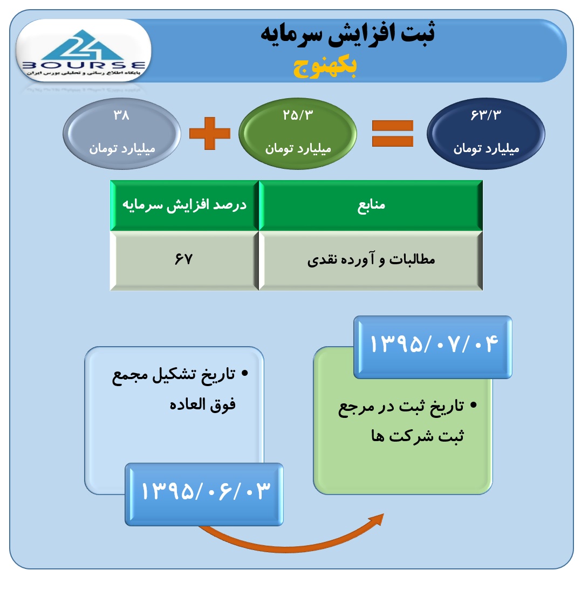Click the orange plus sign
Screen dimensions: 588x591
[210, 133]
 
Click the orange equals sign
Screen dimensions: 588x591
[393, 133]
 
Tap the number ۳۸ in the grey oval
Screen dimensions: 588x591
[121, 115]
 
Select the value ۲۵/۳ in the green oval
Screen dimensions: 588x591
[298, 115]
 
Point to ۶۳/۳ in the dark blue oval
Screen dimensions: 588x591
[486, 115]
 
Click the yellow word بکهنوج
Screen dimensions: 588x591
[325, 66]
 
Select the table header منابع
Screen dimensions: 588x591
[371, 205]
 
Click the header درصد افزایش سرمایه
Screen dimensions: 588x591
[184, 205]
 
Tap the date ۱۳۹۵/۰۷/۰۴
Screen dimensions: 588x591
[434, 344]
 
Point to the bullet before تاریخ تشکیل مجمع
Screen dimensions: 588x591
[244, 373]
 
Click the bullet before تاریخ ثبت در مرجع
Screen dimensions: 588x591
[473, 405]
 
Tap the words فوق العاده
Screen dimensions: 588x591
[202, 404]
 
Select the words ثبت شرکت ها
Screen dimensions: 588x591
[417, 436]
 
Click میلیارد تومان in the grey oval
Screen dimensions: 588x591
[122, 148]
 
